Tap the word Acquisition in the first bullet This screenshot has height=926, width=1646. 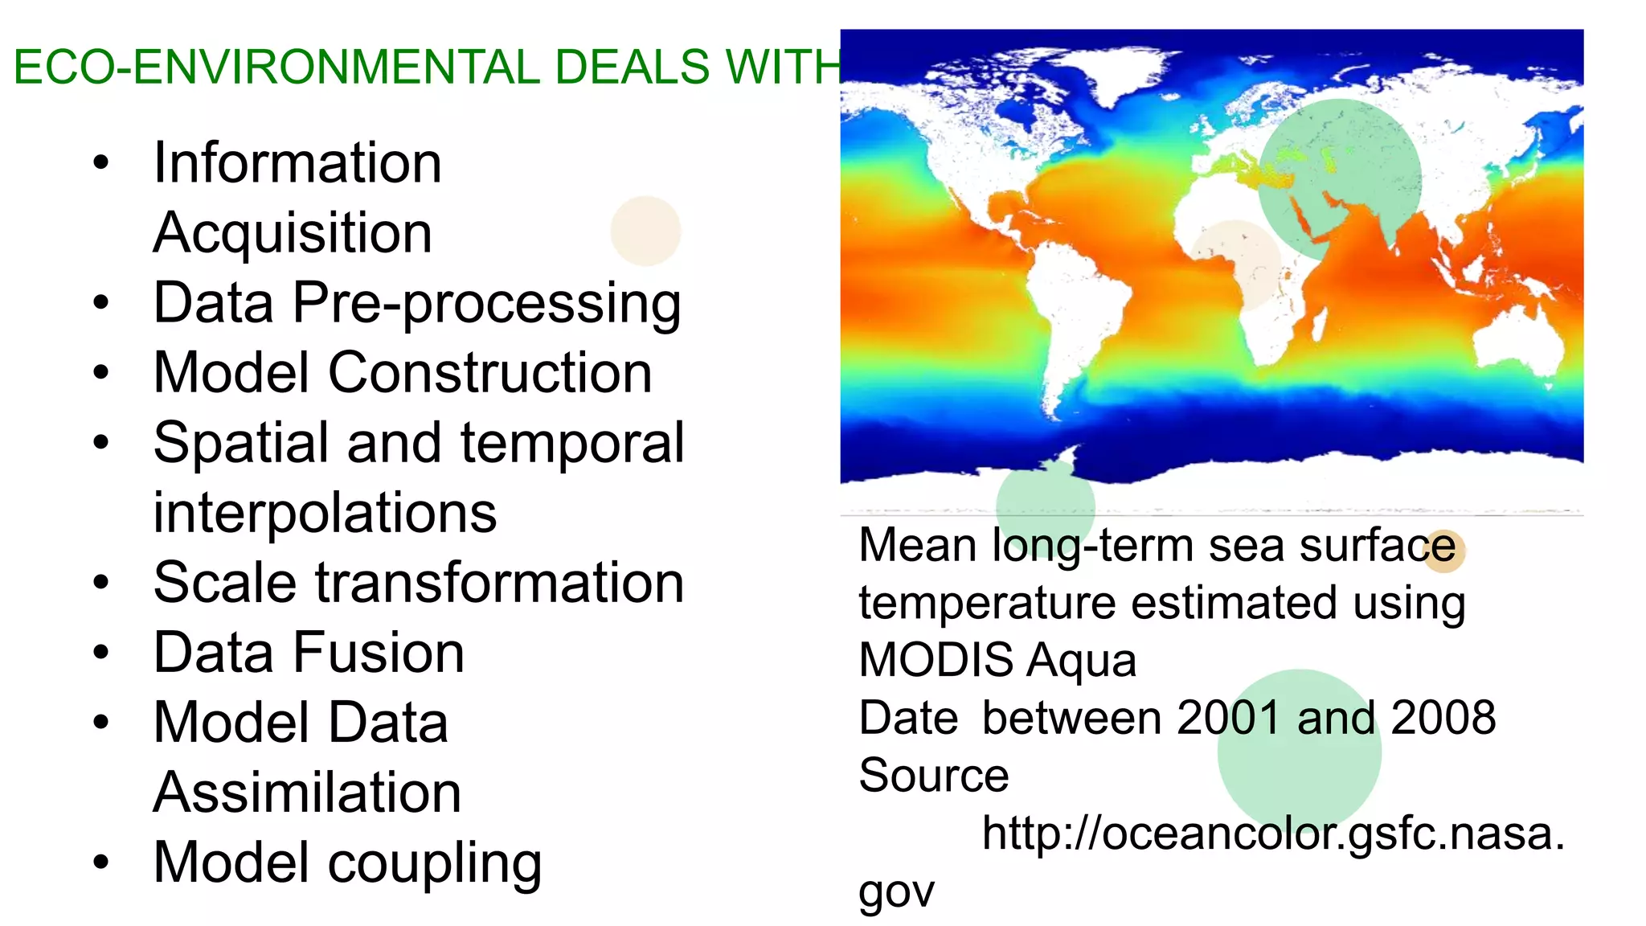293,233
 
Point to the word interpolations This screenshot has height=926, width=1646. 325,513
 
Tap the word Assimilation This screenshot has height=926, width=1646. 307,793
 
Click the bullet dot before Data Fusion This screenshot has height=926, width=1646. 100,653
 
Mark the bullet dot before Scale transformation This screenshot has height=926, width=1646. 100,583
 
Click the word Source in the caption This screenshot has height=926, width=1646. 933,775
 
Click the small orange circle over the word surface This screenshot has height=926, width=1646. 1443,551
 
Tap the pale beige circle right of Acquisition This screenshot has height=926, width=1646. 645,231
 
